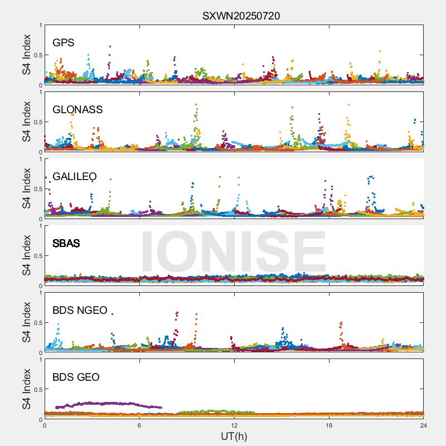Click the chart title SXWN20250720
[241, 16]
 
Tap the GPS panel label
[64, 43]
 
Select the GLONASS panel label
[77, 110]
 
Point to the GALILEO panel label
[75, 177]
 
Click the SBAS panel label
[66, 244]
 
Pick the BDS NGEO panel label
[80, 311]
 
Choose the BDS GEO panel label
[76, 377]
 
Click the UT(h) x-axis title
[234, 436]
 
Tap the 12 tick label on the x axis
[234, 425]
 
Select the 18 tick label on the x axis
[329, 425]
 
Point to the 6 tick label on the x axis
[139, 425]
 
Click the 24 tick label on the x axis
[424, 425]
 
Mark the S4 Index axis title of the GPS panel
[27, 55]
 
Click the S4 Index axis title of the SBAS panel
[27, 256]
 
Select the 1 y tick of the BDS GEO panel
[40, 360]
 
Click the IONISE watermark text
[233, 252]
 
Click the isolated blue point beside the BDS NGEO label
[112, 314]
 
